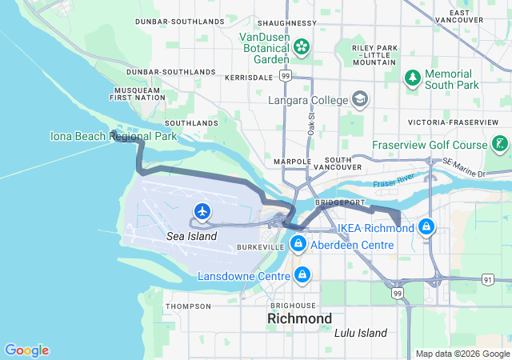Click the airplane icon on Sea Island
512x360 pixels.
coord(202,211)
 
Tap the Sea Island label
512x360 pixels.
coord(191,238)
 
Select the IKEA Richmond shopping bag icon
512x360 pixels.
coord(427,228)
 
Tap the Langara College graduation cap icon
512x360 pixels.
coord(361,100)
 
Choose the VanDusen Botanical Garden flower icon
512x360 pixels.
coord(302,47)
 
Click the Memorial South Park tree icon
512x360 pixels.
coord(412,78)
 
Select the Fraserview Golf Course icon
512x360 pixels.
coord(500,145)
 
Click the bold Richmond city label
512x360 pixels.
coord(299,318)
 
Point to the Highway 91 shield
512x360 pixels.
coord(488,279)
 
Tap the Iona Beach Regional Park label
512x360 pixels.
coord(102,137)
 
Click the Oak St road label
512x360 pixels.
coord(310,123)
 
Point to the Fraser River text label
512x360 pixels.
coord(394,183)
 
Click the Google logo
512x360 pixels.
coord(26,350)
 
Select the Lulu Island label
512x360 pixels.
coord(361,333)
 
